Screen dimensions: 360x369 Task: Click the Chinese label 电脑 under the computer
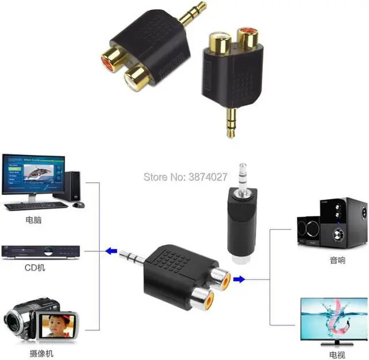(x=34, y=220)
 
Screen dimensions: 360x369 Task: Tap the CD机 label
(x=35, y=268)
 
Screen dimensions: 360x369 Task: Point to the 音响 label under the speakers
(x=337, y=260)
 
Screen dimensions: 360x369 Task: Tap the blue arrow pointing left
(x=111, y=250)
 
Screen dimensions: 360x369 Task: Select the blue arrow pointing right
(x=239, y=279)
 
